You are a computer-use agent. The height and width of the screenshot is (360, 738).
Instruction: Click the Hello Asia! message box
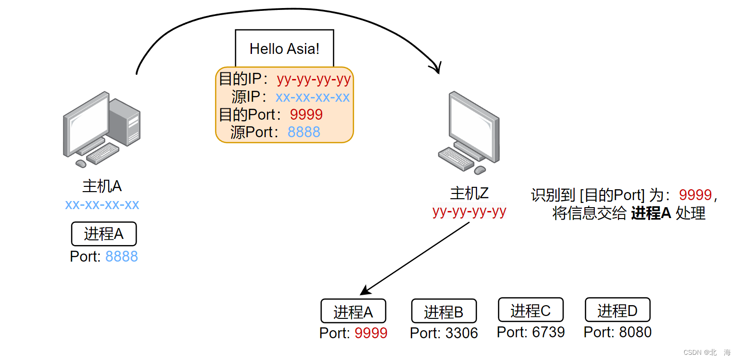[284, 48]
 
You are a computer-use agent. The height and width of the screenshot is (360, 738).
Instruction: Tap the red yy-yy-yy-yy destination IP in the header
[313, 79]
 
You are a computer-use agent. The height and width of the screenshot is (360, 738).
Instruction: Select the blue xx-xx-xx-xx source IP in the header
[313, 97]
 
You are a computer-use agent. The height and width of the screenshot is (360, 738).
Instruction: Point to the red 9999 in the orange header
[306, 114]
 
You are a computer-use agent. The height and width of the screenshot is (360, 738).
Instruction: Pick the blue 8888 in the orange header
[304, 132]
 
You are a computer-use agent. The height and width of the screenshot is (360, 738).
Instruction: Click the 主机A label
[102, 186]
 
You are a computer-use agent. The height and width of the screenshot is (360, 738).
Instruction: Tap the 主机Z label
[469, 193]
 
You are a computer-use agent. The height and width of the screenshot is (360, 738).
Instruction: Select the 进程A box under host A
[104, 234]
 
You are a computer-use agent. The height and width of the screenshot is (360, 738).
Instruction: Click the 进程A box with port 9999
[353, 311]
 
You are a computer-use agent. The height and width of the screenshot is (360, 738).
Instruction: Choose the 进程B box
[444, 311]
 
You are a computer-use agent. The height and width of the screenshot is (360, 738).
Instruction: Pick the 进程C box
[531, 309]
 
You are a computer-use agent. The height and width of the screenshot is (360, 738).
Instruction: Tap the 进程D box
[617, 309]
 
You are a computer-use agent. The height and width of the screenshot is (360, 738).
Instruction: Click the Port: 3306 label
[444, 333]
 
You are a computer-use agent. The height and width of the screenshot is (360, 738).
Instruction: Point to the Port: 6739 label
[531, 332]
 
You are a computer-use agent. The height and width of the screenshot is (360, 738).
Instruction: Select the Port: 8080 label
[617, 332]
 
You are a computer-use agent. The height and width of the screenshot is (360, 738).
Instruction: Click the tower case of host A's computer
[125, 122]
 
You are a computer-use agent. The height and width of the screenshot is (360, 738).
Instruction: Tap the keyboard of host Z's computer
[456, 159]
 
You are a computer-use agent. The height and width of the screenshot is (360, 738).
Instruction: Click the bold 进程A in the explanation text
[651, 213]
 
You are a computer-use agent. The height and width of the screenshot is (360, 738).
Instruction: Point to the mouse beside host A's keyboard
[81, 164]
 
